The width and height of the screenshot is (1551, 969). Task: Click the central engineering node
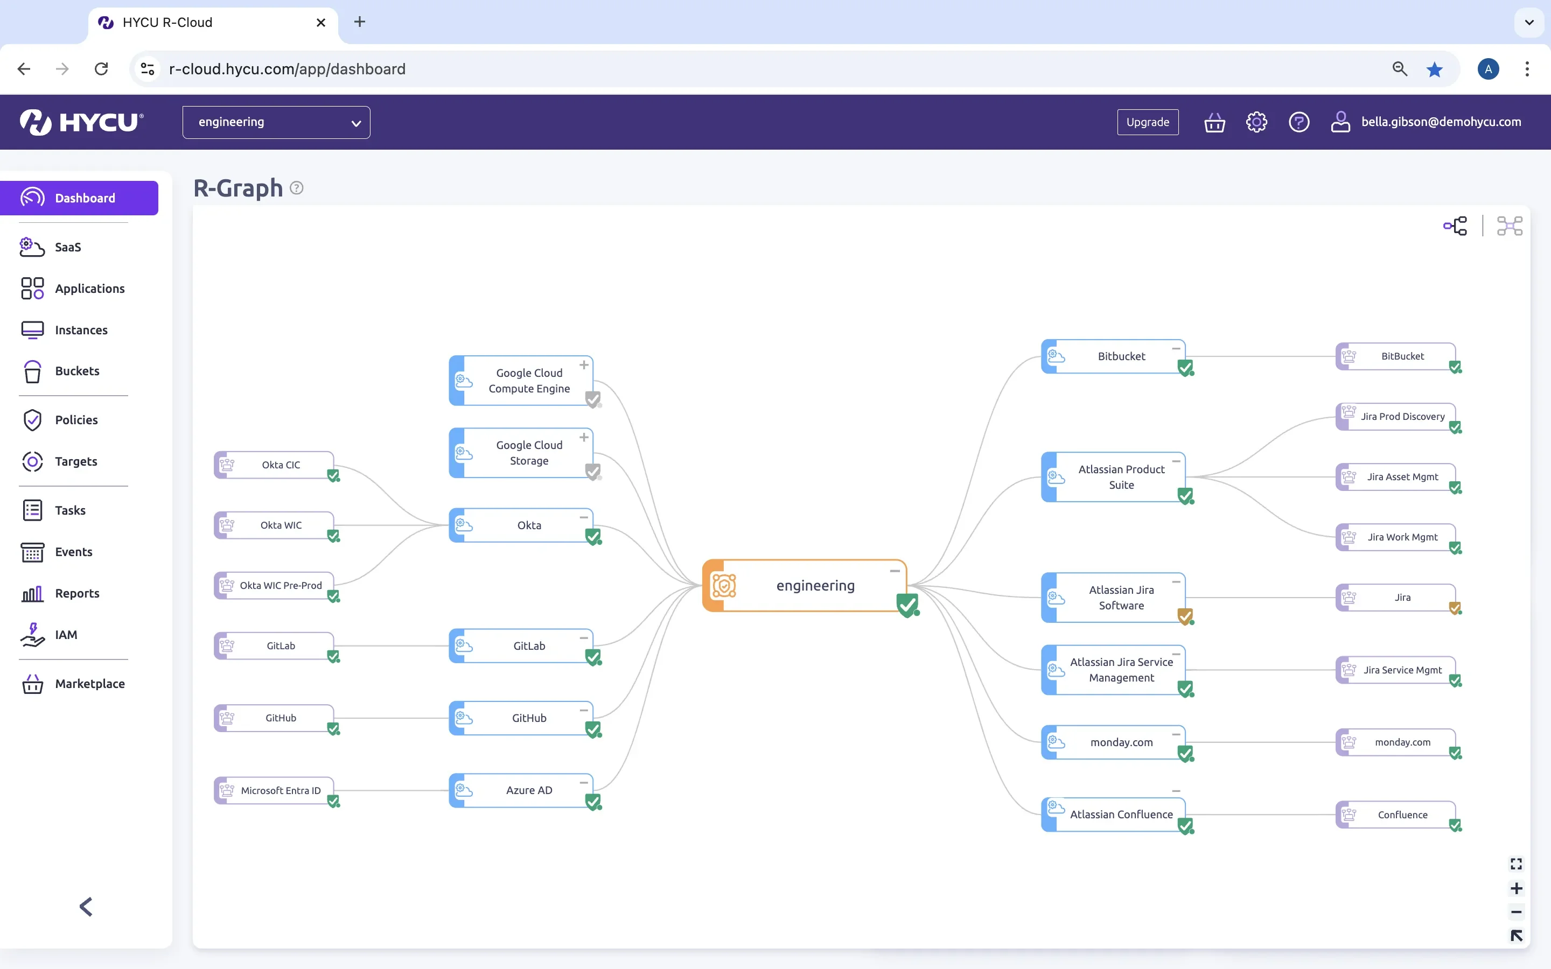805,585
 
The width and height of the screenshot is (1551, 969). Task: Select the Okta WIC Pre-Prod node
274,585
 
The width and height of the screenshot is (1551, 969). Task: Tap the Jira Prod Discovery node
1396,417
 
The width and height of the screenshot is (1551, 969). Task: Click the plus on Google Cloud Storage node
584,437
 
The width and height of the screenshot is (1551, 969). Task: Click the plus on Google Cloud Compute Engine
584,364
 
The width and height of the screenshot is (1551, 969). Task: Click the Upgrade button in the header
1147,122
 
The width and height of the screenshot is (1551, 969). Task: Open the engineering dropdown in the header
276,122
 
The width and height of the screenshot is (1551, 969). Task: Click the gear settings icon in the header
1256,122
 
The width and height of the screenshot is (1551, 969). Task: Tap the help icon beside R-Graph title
296,188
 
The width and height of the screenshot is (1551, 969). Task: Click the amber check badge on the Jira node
1455,608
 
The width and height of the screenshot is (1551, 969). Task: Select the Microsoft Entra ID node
274,790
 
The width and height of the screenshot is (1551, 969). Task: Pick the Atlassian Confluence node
1114,814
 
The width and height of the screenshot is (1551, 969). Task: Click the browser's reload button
101,68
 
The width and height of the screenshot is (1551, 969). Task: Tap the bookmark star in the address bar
1434,69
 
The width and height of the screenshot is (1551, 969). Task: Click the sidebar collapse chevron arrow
86,906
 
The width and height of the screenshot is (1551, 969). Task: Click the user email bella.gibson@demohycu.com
1441,122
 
